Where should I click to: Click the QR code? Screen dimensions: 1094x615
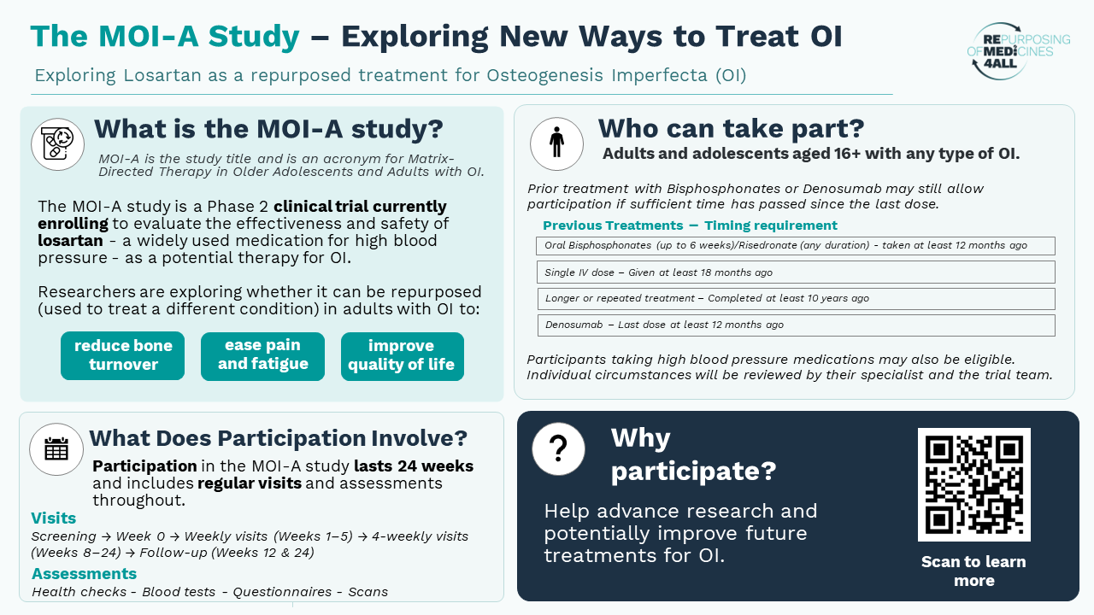(973, 484)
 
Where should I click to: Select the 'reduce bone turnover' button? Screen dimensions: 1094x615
(122, 355)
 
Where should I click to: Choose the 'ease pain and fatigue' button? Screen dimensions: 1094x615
(262, 356)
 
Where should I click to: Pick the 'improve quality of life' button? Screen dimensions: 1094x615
(403, 356)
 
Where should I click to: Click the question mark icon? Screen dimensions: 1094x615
(558, 449)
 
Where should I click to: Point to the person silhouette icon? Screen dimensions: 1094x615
(556, 143)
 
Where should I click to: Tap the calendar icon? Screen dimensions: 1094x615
(56, 449)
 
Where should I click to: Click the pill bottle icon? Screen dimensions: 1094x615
(57, 144)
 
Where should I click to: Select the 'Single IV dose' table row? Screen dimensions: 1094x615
(796, 272)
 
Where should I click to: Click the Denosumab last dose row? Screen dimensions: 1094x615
(796, 325)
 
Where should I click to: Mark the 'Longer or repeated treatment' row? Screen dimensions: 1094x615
(796, 299)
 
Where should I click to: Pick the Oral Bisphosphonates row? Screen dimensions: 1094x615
(795, 245)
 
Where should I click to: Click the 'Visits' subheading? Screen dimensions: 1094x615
(53, 518)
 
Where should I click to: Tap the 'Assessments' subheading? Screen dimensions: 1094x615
(84, 573)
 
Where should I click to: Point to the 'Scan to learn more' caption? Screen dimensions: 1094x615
(973, 571)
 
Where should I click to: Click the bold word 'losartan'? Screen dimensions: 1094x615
(70, 241)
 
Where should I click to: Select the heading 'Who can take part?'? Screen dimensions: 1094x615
(731, 128)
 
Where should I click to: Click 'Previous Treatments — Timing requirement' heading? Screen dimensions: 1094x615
(690, 225)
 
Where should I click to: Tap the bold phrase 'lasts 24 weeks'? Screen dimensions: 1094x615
(414, 466)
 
